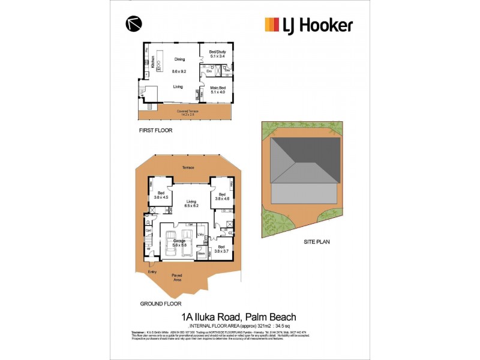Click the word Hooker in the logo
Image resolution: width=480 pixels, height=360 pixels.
[x=323, y=25]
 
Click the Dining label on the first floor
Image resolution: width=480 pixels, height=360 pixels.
[x=179, y=59]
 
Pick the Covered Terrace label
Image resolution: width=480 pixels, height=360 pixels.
[x=187, y=111]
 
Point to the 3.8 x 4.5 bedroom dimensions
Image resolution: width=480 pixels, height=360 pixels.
[x=161, y=197]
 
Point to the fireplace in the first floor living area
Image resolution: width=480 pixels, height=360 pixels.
[x=197, y=94]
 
